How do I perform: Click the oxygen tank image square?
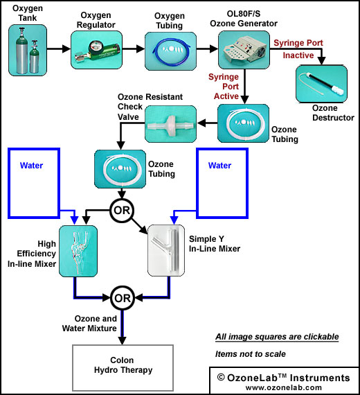pyautogui.click(x=28, y=50)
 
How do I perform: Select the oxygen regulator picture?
pyautogui.click(x=96, y=50)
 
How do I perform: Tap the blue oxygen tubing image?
pyautogui.click(x=170, y=51)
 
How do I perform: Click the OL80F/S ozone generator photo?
pyautogui.click(x=244, y=50)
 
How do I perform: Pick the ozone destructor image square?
pyautogui.click(x=321, y=84)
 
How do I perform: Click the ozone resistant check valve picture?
pyautogui.click(x=171, y=124)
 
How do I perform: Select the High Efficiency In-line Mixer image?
pyautogui.click(x=78, y=251)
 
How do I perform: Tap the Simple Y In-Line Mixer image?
pyautogui.click(x=166, y=250)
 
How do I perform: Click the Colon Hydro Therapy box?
pyautogui.click(x=123, y=368)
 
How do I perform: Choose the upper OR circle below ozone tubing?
pyautogui.click(x=122, y=210)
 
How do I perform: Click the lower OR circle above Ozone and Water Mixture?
pyautogui.click(x=123, y=298)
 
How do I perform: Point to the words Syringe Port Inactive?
pyautogui.click(x=298, y=49)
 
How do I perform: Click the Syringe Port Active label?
pyautogui.click(x=224, y=87)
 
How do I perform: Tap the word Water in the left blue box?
pyautogui.click(x=31, y=165)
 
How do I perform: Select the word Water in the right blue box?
pyautogui.click(x=219, y=165)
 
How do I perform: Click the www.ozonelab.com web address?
pyautogui.click(x=284, y=387)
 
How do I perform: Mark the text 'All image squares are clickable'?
pyautogui.click(x=277, y=337)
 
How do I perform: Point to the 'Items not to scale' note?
pyautogui.click(x=251, y=354)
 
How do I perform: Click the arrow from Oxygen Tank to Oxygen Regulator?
pyautogui.click(x=59, y=49)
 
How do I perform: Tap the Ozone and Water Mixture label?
pyautogui.click(x=89, y=324)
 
